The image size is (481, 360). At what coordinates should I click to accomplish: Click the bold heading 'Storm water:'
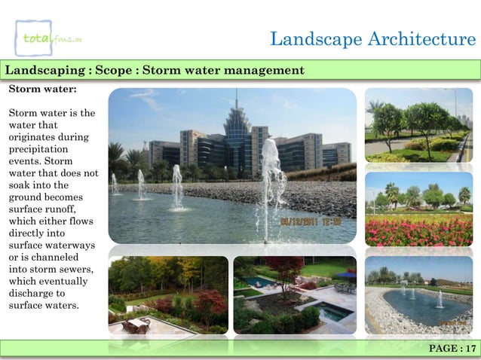tap(42, 88)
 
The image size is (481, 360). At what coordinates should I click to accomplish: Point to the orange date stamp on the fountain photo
tap(311, 221)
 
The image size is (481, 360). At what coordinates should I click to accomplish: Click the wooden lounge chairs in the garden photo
tap(137, 324)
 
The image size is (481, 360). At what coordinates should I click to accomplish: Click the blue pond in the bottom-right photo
tap(425, 306)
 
